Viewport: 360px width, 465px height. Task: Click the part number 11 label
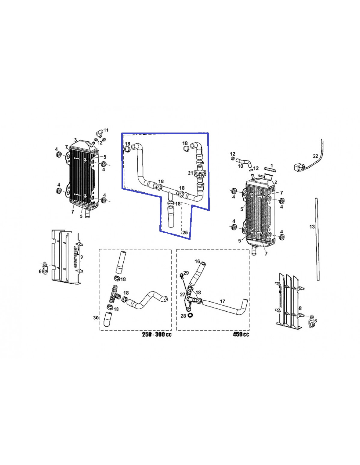106,130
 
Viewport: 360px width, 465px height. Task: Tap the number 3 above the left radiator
75,140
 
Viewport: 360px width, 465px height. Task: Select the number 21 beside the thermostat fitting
190,173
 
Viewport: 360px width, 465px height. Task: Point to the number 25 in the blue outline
185,232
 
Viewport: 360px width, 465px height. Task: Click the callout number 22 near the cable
315,156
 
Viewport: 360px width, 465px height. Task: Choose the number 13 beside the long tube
312,226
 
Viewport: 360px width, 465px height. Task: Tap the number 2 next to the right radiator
276,182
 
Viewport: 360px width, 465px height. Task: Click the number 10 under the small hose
240,166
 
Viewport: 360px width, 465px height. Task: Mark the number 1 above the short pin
272,166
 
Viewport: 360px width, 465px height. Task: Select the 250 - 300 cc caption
157,335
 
